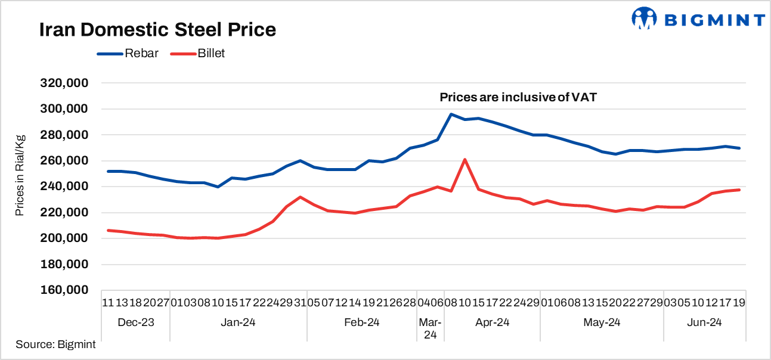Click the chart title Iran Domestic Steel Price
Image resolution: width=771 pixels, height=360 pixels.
tap(157, 30)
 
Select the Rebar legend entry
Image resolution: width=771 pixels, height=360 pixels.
tap(141, 53)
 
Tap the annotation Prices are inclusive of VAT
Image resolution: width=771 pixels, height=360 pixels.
tap(518, 97)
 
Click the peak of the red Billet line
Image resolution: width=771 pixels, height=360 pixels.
tap(465, 159)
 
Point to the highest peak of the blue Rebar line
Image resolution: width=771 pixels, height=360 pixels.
tap(451, 114)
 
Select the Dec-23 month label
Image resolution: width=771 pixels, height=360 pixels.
tap(136, 322)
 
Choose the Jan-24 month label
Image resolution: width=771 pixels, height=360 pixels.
tap(239, 322)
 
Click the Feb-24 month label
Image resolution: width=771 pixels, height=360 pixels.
tap(361, 322)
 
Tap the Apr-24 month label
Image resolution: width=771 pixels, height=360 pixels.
tap(492, 322)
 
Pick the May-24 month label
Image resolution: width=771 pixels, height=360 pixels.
tap(602, 322)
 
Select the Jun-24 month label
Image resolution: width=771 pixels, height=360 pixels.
tap(704, 322)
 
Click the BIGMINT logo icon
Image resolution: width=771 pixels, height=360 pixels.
tap(644, 18)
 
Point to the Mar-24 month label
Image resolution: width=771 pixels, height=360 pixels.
tap(431, 328)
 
